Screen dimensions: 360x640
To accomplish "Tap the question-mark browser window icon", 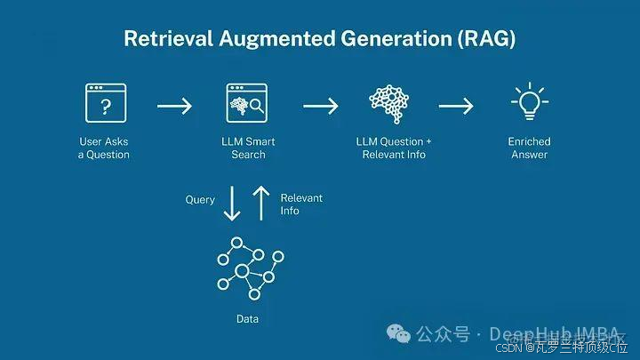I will click(x=105, y=105).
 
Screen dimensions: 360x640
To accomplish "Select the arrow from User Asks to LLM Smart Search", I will click(x=174, y=107).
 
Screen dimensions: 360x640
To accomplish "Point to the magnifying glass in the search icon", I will click(x=257, y=110).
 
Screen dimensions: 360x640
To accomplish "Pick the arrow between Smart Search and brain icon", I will click(x=321, y=107).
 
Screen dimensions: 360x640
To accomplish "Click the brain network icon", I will click(x=393, y=105).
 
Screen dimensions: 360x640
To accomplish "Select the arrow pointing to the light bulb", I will click(x=456, y=107).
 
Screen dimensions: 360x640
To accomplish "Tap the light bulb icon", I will click(x=529, y=103).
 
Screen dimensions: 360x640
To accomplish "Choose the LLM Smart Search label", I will click(x=249, y=148).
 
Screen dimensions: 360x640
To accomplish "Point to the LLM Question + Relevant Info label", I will click(x=394, y=148).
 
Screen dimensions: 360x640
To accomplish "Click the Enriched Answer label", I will click(x=529, y=148).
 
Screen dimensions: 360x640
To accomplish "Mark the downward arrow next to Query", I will click(x=232, y=203).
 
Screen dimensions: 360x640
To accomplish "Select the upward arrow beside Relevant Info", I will click(x=261, y=203).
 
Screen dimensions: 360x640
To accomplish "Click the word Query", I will click(x=200, y=200).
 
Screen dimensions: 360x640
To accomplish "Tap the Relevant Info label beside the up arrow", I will click(x=301, y=204).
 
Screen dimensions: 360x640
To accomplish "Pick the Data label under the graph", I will click(x=247, y=318).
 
